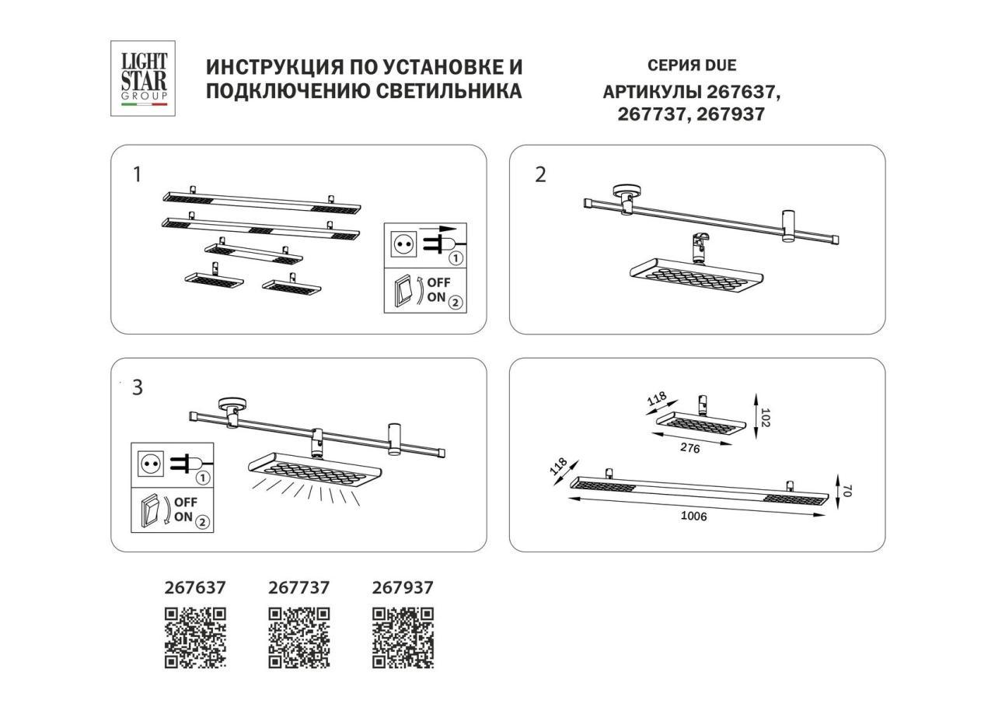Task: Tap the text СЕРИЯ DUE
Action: pyautogui.click(x=691, y=66)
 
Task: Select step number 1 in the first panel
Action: pyautogui.click(x=138, y=174)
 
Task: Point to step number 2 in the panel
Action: pyautogui.click(x=540, y=175)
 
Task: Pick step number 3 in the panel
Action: pyautogui.click(x=138, y=387)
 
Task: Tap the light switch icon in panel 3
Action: pyautogui.click(x=151, y=512)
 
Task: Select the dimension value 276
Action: pyautogui.click(x=690, y=449)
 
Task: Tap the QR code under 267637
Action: pyautogui.click(x=195, y=638)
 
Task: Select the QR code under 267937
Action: pyautogui.click(x=403, y=638)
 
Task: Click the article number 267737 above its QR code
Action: pyautogui.click(x=298, y=588)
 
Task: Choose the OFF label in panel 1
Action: pyautogui.click(x=438, y=282)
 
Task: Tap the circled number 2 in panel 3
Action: pyautogui.click(x=202, y=522)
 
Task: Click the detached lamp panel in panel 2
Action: pyautogui.click(x=693, y=275)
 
